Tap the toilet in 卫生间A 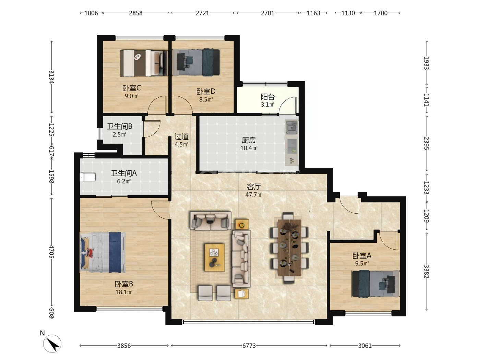[88, 177]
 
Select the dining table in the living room [289, 248]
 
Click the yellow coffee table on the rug [215, 257]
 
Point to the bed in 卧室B [103, 252]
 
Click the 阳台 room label [268, 97]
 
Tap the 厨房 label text [249, 140]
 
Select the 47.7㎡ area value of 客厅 [254, 194]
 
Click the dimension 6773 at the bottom [249, 346]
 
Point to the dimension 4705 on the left [51, 252]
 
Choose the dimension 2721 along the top [203, 13]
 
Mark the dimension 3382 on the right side [427, 271]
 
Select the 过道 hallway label [181, 136]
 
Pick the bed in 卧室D [196, 62]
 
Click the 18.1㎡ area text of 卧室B [124, 292]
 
